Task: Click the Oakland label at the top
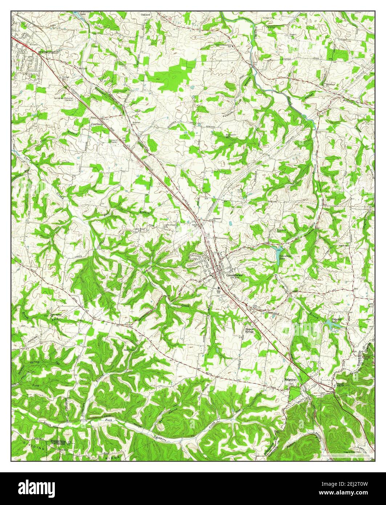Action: click(x=146, y=15)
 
